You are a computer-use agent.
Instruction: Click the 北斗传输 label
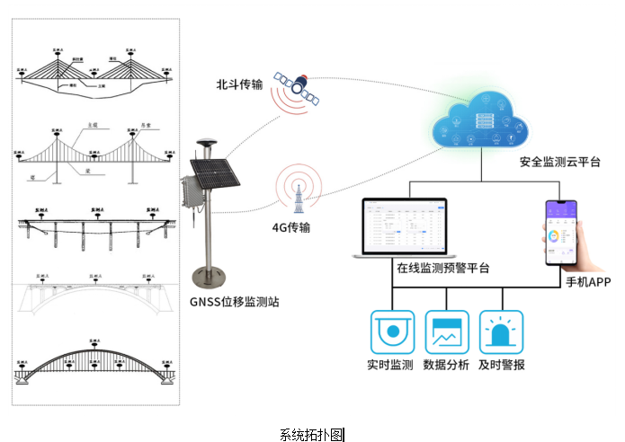pos(239,85)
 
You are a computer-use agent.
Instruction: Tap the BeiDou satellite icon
pos(299,87)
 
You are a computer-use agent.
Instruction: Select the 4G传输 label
pos(290,228)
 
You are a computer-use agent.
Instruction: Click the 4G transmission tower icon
pos(297,193)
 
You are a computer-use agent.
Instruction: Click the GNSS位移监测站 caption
pos(235,302)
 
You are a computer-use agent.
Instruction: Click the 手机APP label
pos(588,282)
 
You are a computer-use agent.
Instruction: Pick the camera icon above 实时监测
pos(391,332)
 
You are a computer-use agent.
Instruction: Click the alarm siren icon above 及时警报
pos(501,332)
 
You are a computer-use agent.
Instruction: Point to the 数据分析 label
pos(446,366)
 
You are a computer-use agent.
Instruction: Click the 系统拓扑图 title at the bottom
pos(312,434)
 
